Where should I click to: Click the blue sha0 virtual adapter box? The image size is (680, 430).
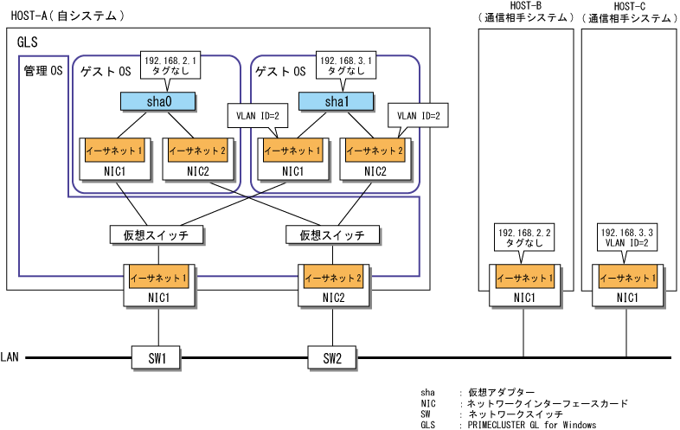(x=157, y=101)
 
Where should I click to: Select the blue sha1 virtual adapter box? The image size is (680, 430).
(x=336, y=101)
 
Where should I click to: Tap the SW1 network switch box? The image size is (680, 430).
(x=156, y=358)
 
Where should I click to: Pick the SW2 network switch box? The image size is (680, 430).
(x=332, y=358)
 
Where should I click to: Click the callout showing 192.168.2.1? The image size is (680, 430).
(x=170, y=66)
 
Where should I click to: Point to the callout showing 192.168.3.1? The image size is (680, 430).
(x=346, y=66)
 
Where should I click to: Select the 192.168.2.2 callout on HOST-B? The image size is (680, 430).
(x=524, y=237)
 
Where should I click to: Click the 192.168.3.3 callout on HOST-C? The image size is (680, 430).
(x=627, y=237)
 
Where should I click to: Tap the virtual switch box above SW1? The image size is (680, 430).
(x=157, y=235)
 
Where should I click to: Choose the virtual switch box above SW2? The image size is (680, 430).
(x=332, y=235)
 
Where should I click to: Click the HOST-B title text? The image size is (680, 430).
(x=526, y=6)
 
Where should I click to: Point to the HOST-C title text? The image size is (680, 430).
(x=629, y=6)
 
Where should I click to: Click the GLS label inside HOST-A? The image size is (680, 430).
(x=28, y=42)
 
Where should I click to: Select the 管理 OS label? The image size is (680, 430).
(x=43, y=71)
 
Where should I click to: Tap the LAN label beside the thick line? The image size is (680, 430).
(x=10, y=357)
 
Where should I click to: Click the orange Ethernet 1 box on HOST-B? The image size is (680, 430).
(x=525, y=277)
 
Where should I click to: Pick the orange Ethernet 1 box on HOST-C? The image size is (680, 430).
(x=627, y=277)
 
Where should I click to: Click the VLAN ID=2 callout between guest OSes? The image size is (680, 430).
(x=258, y=115)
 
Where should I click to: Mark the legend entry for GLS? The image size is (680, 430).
(x=508, y=425)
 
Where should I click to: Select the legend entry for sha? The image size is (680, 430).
(x=478, y=393)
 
